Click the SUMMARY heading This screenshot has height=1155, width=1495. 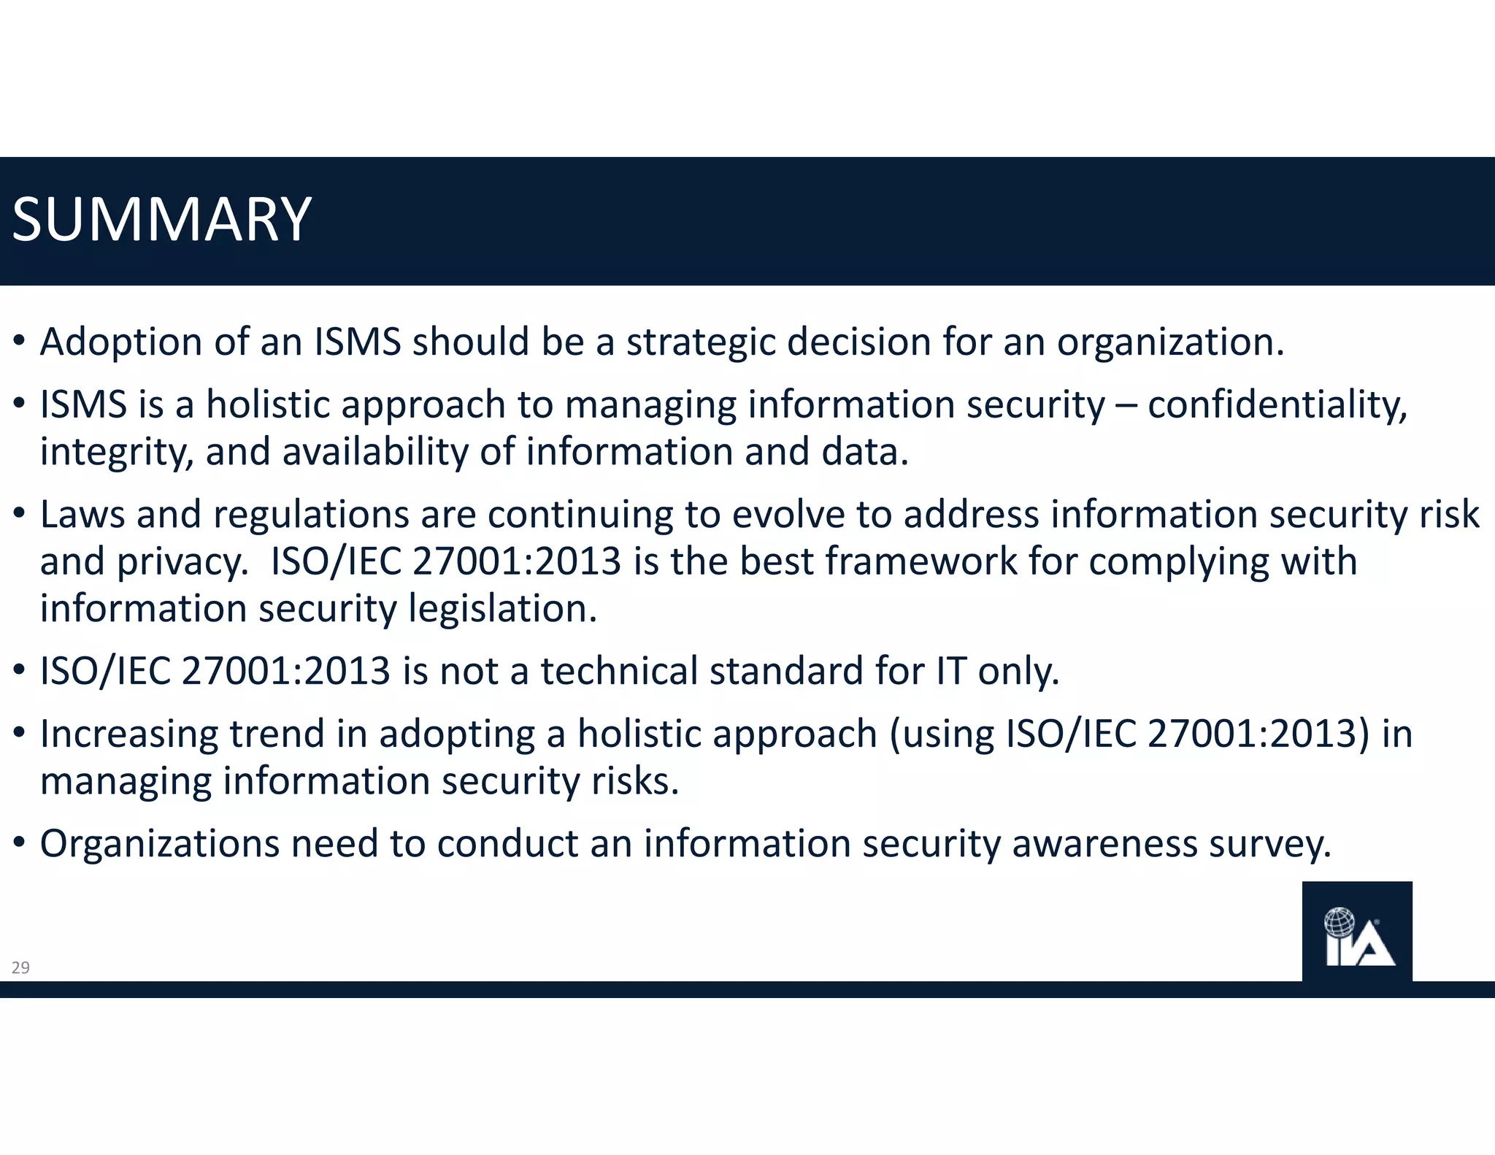[x=162, y=220]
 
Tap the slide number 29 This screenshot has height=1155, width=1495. [x=20, y=968]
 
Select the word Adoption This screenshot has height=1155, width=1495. [x=121, y=342]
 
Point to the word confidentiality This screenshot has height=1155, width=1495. [x=1277, y=404]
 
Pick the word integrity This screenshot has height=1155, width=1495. [x=117, y=452]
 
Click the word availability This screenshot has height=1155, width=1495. [x=375, y=452]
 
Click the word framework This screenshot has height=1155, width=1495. [x=921, y=561]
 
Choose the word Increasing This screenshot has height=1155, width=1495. [x=129, y=734]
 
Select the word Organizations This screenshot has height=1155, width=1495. [x=160, y=844]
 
